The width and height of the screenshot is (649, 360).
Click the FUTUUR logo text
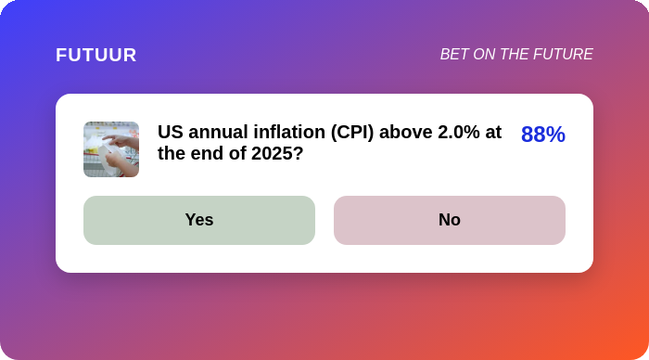[96, 55]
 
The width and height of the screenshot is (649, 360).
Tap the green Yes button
[199, 220]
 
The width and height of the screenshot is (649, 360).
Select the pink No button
[450, 220]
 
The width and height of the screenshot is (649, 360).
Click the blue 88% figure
[543, 135]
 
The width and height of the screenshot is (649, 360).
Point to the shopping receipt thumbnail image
[111, 149]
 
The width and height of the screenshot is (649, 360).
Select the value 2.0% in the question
[459, 132]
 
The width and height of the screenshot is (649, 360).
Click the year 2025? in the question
[277, 154]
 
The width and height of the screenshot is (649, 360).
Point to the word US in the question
[170, 132]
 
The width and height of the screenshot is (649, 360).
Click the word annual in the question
[218, 132]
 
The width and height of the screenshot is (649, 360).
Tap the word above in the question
[406, 132]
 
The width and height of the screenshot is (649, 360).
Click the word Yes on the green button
[199, 220]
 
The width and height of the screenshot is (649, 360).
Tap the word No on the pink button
[450, 220]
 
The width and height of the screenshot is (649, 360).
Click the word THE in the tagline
[514, 54]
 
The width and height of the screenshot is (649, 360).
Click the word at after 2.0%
[493, 133]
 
